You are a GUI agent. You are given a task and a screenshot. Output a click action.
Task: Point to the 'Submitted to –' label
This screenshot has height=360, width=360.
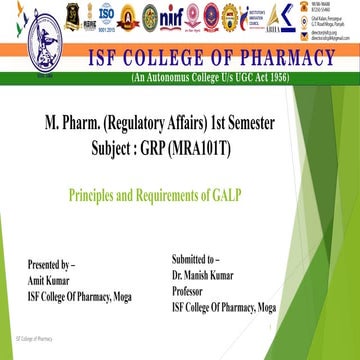[199, 257]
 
